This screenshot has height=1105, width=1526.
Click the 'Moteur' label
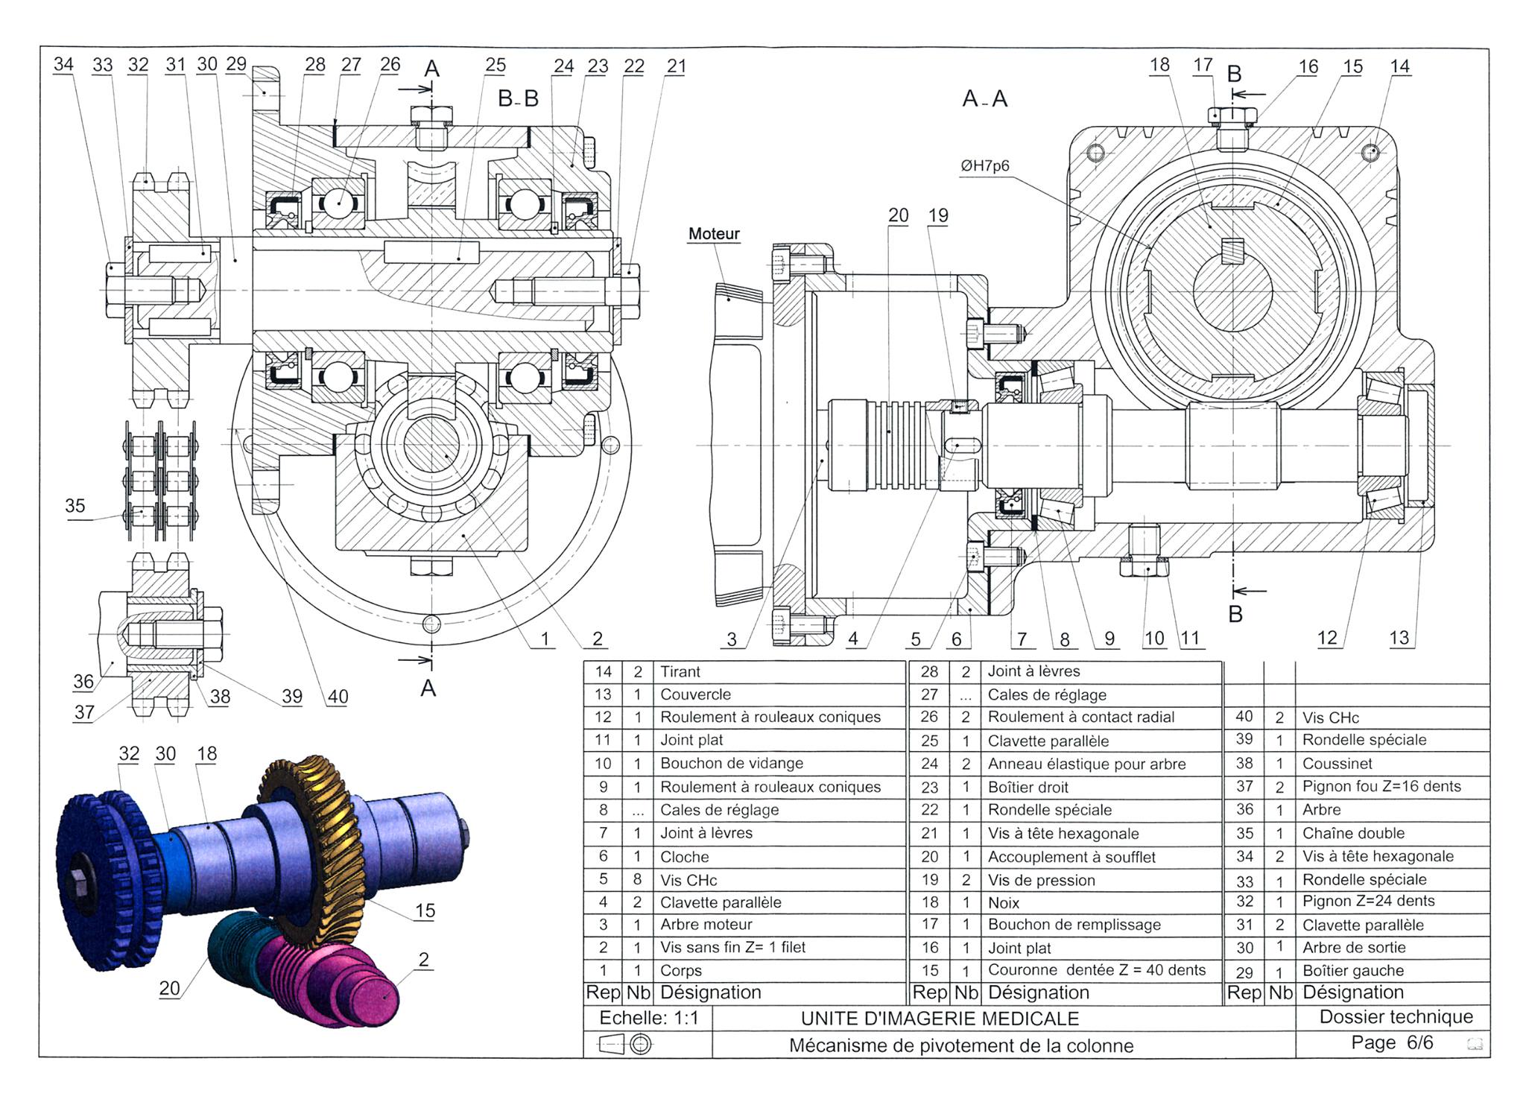click(714, 234)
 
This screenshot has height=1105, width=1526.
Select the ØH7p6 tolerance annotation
click(984, 165)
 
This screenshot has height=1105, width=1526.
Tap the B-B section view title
click(518, 98)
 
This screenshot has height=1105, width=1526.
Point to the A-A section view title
click(984, 98)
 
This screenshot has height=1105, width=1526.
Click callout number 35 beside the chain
click(75, 506)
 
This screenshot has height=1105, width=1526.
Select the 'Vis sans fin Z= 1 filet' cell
click(732, 948)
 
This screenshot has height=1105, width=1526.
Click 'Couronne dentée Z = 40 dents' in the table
click(1096, 970)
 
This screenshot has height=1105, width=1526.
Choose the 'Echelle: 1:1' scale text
click(648, 1018)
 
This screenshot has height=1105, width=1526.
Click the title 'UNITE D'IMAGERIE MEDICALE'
click(940, 1019)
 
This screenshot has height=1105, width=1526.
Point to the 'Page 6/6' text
click(1392, 1042)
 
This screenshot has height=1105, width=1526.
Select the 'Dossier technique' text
click(1396, 1017)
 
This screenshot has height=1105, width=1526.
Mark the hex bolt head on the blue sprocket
click(77, 884)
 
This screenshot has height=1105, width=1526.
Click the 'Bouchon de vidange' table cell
click(731, 764)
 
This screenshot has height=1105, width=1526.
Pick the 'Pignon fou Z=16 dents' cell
click(1381, 787)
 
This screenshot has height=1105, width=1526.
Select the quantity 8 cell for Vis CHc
click(637, 880)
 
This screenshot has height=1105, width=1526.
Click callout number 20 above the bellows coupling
click(898, 215)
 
